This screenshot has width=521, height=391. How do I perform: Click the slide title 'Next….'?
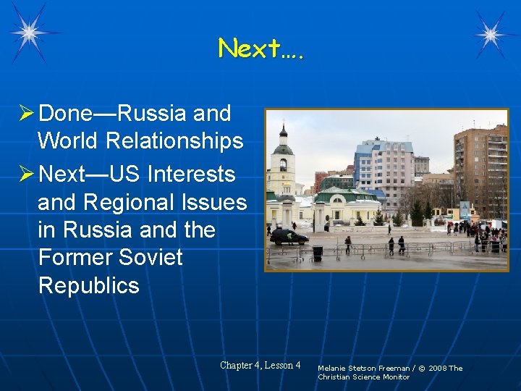(x=260, y=49)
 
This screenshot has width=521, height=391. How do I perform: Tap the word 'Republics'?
(x=88, y=285)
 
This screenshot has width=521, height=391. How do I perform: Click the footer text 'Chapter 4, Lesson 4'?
(x=260, y=365)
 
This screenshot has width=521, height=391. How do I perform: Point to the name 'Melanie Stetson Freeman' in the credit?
(x=361, y=368)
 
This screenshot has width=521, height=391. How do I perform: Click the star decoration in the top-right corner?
(x=491, y=33)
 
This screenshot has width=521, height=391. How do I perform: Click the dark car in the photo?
(x=288, y=236)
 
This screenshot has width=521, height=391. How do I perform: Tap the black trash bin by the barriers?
(x=317, y=253)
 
